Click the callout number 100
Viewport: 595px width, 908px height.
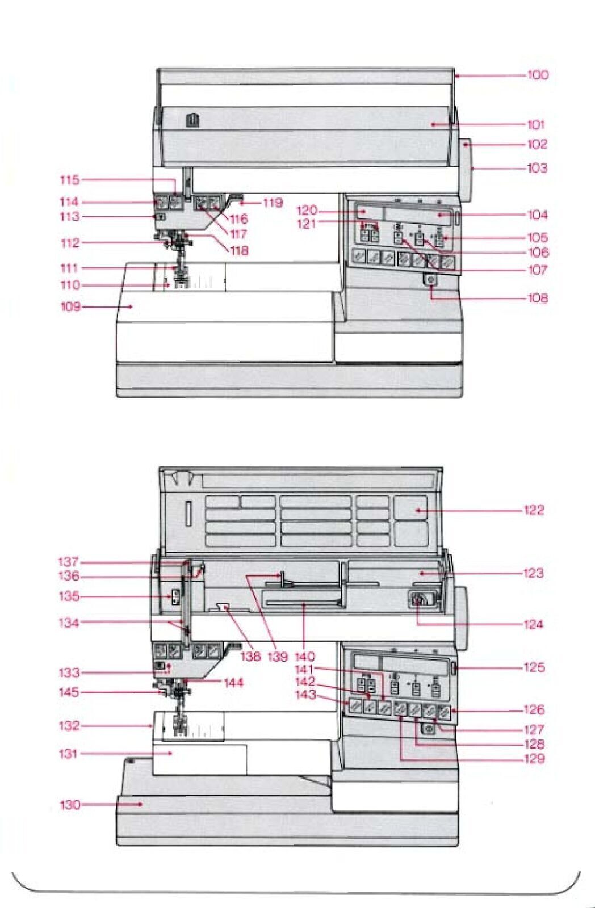pyautogui.click(x=537, y=75)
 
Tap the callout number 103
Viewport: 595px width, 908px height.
pyautogui.click(x=537, y=168)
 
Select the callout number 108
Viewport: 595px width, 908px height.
pyautogui.click(x=537, y=298)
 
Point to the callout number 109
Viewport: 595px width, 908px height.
pyautogui.click(x=70, y=307)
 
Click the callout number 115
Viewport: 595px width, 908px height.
pyautogui.click(x=70, y=180)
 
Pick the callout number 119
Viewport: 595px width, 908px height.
pyautogui.click(x=273, y=203)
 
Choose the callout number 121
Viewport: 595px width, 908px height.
pyautogui.click(x=307, y=224)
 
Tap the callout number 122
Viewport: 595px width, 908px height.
pyautogui.click(x=534, y=510)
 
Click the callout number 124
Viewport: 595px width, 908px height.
pyautogui.click(x=533, y=625)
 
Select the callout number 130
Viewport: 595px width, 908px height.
pyautogui.click(x=70, y=805)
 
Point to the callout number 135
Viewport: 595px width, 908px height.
pyautogui.click(x=69, y=596)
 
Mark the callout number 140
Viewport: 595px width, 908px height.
pyautogui.click(x=305, y=657)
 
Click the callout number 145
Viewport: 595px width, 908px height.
pyautogui.click(x=69, y=692)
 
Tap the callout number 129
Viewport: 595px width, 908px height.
pyautogui.click(x=534, y=759)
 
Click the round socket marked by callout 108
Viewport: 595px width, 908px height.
pyautogui.click(x=430, y=281)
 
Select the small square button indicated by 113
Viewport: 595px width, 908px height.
pyautogui.click(x=161, y=217)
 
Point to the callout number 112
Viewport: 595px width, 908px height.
pyautogui.click(x=70, y=243)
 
